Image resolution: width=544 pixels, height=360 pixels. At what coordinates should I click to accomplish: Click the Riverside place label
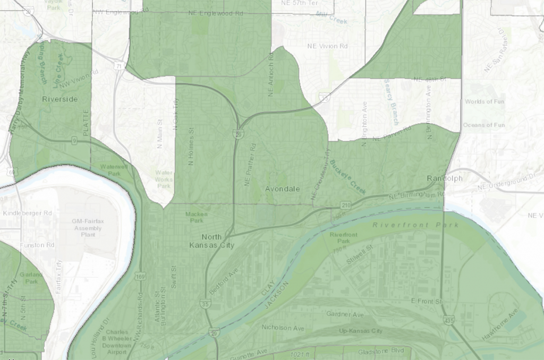tap(59, 99)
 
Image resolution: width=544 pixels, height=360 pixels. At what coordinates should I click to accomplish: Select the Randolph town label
tap(445, 178)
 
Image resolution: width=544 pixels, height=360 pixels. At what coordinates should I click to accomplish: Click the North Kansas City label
tap(212, 241)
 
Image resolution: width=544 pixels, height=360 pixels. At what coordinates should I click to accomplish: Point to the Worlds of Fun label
tap(484, 101)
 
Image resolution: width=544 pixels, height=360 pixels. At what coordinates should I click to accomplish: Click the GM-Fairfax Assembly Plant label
tap(88, 228)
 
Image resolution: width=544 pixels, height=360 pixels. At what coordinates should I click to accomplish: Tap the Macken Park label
tap(194, 217)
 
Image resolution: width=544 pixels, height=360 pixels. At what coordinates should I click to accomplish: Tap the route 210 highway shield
tap(345, 204)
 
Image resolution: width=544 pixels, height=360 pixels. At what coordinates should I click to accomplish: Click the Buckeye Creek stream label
tap(347, 177)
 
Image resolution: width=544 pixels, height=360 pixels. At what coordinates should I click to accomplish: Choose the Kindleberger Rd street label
tap(27, 213)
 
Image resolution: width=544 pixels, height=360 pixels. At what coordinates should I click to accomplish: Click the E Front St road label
tap(427, 301)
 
